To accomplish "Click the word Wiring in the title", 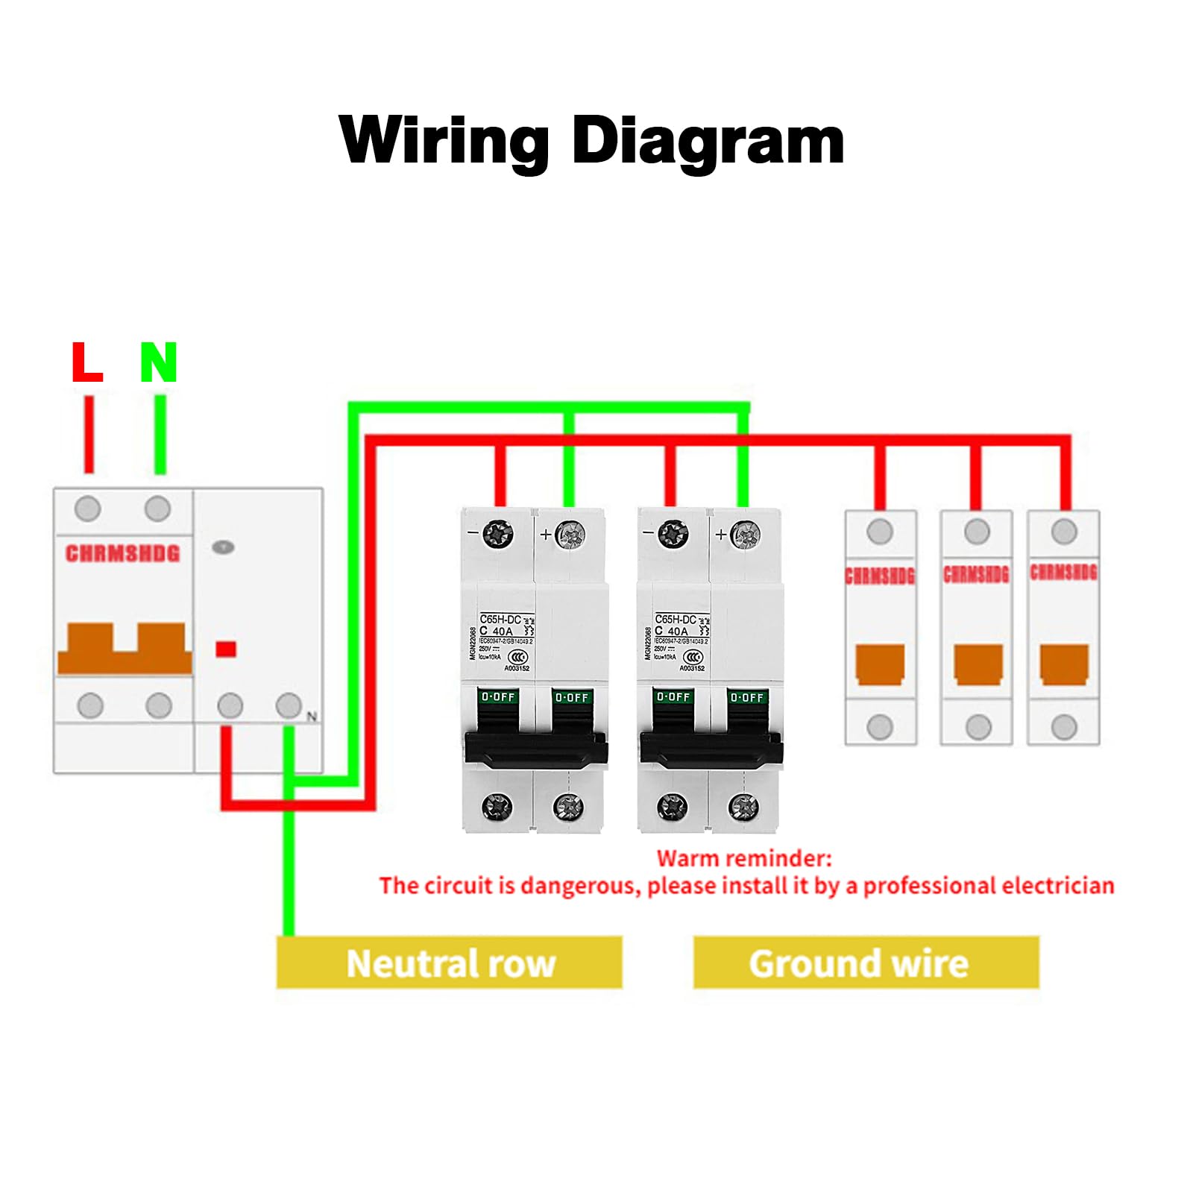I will coord(443,142).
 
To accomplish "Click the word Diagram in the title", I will coord(708,142).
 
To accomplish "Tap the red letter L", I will coord(87,362).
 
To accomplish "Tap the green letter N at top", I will coord(158,362).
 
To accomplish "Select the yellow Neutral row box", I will coord(449,963).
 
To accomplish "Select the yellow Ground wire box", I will coord(866,963).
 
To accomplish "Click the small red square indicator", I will coord(226,649).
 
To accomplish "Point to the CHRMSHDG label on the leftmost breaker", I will coord(123,553).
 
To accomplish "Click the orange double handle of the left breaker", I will coord(125,649).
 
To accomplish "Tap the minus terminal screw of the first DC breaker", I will coord(497,534).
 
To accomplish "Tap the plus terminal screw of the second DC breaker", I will coord(745,534).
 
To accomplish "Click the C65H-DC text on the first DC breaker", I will coord(500,620).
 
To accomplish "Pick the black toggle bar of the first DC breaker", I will coord(535,748).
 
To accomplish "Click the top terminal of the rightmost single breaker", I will coord(1064,532).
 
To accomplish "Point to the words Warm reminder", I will coord(743,858).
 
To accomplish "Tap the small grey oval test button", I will coord(223,547).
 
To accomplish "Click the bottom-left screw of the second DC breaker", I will coord(672,806).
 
